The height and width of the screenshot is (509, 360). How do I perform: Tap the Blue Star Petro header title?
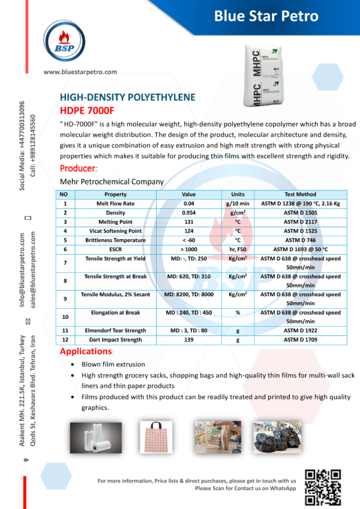point(266,16)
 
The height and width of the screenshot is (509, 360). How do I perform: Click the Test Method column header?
point(300,194)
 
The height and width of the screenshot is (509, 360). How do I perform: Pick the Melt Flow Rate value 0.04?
point(189,204)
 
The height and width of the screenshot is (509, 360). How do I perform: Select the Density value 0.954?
point(189,213)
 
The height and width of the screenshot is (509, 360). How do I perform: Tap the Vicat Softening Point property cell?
point(115,230)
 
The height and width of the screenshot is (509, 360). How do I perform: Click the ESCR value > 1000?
point(189,248)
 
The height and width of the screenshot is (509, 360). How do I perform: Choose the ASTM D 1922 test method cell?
point(300,330)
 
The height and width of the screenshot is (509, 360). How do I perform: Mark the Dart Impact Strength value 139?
point(189,340)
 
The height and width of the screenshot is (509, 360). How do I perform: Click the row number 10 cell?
point(65,316)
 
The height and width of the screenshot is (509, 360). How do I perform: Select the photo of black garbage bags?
point(277,436)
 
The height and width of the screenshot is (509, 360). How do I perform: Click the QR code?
point(323,486)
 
